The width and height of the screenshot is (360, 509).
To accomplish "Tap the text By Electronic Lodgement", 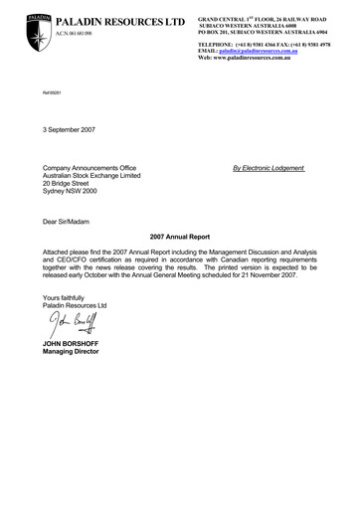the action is (268, 168).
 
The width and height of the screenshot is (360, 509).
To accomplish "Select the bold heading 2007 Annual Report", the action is (180, 240).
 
